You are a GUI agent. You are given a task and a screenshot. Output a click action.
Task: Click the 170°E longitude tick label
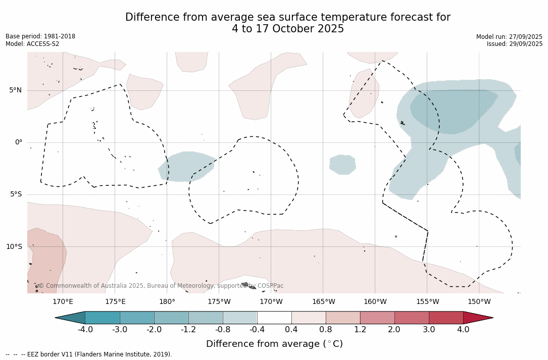pos(63,302)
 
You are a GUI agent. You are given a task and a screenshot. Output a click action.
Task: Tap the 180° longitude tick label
pos(167,302)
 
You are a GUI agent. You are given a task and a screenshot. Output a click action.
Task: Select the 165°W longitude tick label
pos(323,302)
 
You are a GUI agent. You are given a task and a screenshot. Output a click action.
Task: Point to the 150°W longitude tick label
pos(479,302)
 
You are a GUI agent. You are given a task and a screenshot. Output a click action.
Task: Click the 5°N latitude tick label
pos(15,90)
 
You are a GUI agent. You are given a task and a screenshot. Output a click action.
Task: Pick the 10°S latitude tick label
pos(14,247)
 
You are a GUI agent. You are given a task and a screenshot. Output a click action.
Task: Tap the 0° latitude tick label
pos(18,142)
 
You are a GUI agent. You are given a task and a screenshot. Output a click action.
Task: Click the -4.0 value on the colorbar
pos(85,330)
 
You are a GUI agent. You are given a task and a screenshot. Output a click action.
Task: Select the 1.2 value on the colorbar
pos(360,330)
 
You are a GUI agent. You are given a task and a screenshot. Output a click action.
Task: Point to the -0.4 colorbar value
pos(257,330)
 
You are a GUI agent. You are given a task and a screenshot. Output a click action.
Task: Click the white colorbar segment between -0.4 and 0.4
pos(274,318)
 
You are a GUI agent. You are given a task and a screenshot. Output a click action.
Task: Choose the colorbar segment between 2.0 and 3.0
pos(412,318)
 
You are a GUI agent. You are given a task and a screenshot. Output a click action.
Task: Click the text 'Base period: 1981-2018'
pos(40,36)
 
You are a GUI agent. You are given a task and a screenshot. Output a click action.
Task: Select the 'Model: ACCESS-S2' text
pos(32,44)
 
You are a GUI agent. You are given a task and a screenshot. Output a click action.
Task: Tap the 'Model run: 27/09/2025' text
pos(509,37)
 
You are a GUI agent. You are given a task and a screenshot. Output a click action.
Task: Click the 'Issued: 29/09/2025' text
pos(515,44)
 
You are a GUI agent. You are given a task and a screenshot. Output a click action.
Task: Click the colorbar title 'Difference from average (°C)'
pos(274,344)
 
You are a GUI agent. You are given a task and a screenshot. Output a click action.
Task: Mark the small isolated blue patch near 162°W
pos(342,165)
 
